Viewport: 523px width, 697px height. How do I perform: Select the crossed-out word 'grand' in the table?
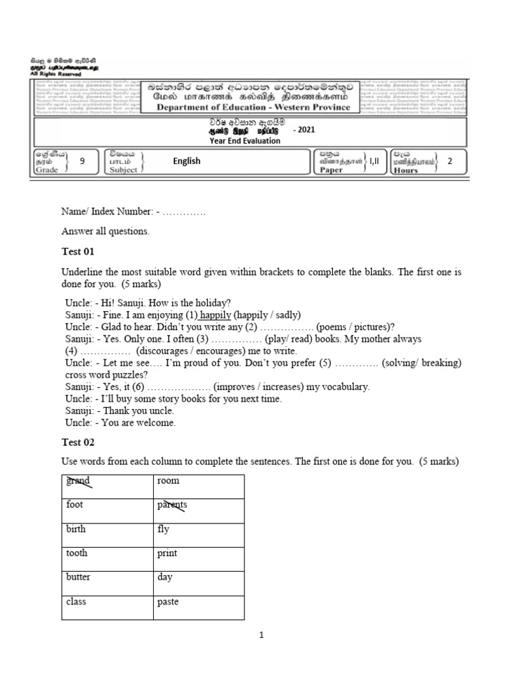[78, 481]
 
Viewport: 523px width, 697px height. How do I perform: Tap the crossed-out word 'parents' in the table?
[172, 505]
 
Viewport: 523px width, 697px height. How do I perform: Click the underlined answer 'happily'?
[216, 315]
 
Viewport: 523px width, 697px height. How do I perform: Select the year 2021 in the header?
[304, 130]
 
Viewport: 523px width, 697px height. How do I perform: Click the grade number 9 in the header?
[82, 161]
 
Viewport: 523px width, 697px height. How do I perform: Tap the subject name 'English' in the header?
[187, 161]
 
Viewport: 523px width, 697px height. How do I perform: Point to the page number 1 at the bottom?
[261, 635]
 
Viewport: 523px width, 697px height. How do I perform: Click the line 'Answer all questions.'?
[105, 231]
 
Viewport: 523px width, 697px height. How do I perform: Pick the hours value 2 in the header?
[449, 161]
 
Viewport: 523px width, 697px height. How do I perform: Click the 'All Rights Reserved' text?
[54, 74]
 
